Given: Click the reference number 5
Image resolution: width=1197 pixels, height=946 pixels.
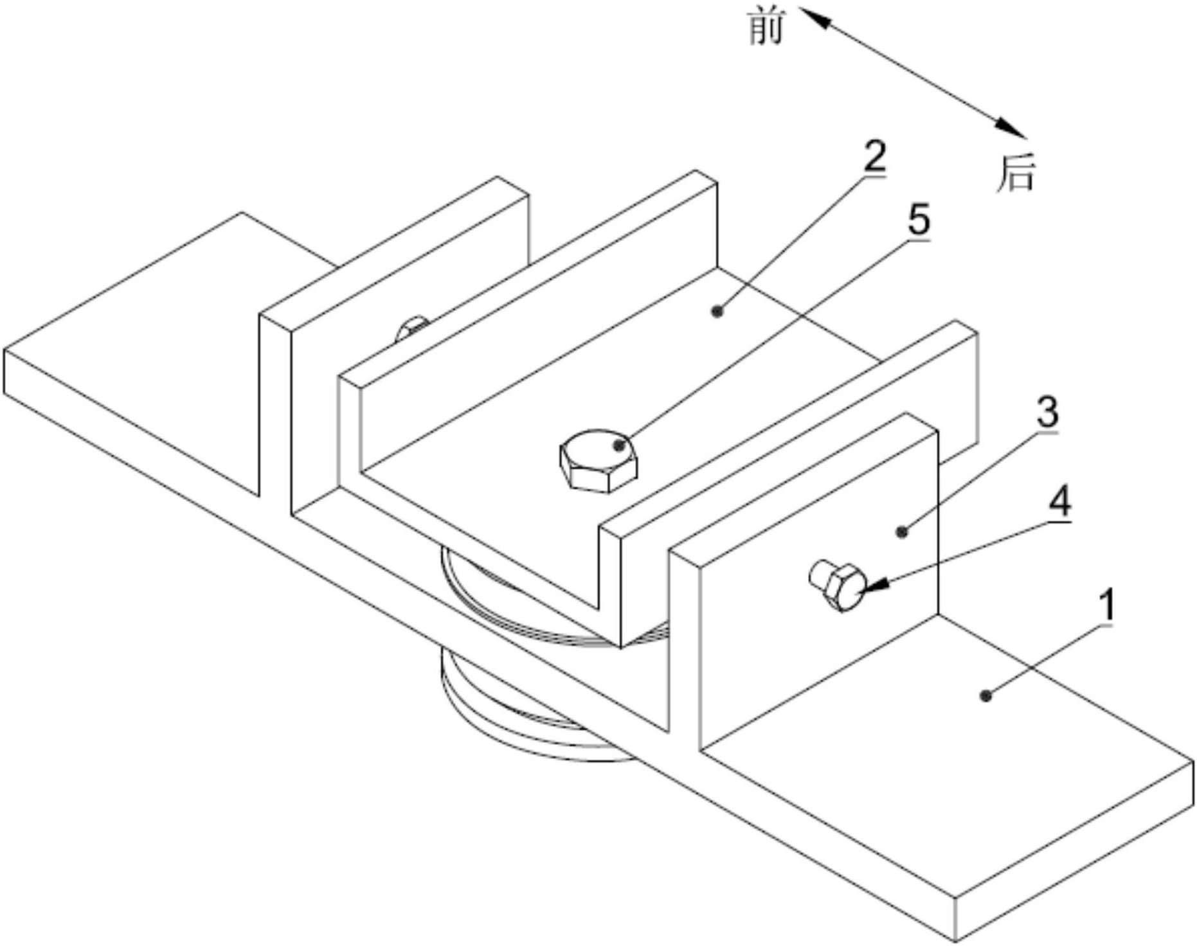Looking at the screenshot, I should pyautogui.click(x=919, y=220).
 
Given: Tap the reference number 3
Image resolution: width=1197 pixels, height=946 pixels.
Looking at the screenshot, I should pyautogui.click(x=1047, y=412).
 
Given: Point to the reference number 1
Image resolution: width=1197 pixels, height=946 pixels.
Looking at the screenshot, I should pyautogui.click(x=1106, y=606).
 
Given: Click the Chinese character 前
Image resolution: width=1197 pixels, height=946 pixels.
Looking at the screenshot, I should pyautogui.click(x=767, y=29).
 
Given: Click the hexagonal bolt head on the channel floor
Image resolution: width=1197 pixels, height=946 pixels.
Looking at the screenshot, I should pyautogui.click(x=598, y=461).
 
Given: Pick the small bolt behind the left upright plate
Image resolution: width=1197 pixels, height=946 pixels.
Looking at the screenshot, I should pyautogui.click(x=411, y=327).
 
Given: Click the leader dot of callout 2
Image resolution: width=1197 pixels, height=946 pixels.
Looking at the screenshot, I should pyautogui.click(x=717, y=312).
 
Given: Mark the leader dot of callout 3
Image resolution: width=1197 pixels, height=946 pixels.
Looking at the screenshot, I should pyautogui.click(x=903, y=531).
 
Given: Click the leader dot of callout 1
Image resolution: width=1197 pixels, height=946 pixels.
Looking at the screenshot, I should pyautogui.click(x=986, y=695).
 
